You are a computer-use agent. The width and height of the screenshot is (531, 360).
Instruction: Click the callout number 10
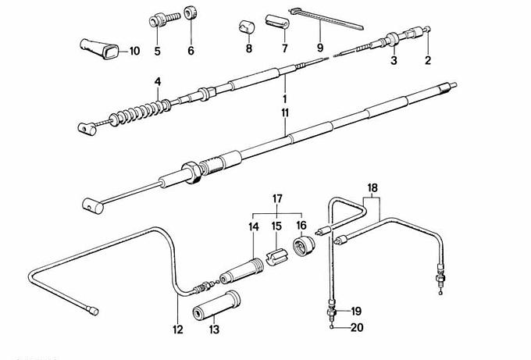pyautogui.click(x=134, y=52)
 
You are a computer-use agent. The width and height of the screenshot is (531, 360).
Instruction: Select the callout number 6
pyautogui.click(x=191, y=52)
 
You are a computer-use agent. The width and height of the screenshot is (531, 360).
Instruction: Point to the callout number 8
pyautogui.click(x=249, y=48)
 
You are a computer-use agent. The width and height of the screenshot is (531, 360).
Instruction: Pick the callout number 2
pyautogui.click(x=428, y=60)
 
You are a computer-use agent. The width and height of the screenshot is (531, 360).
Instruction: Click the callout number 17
pyautogui.click(x=276, y=199)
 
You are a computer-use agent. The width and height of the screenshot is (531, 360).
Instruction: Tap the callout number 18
pyautogui.click(x=372, y=187)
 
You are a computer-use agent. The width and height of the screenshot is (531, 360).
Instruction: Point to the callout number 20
pyautogui.click(x=357, y=328)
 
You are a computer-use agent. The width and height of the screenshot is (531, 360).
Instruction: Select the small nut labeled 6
pyautogui.click(x=190, y=15)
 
